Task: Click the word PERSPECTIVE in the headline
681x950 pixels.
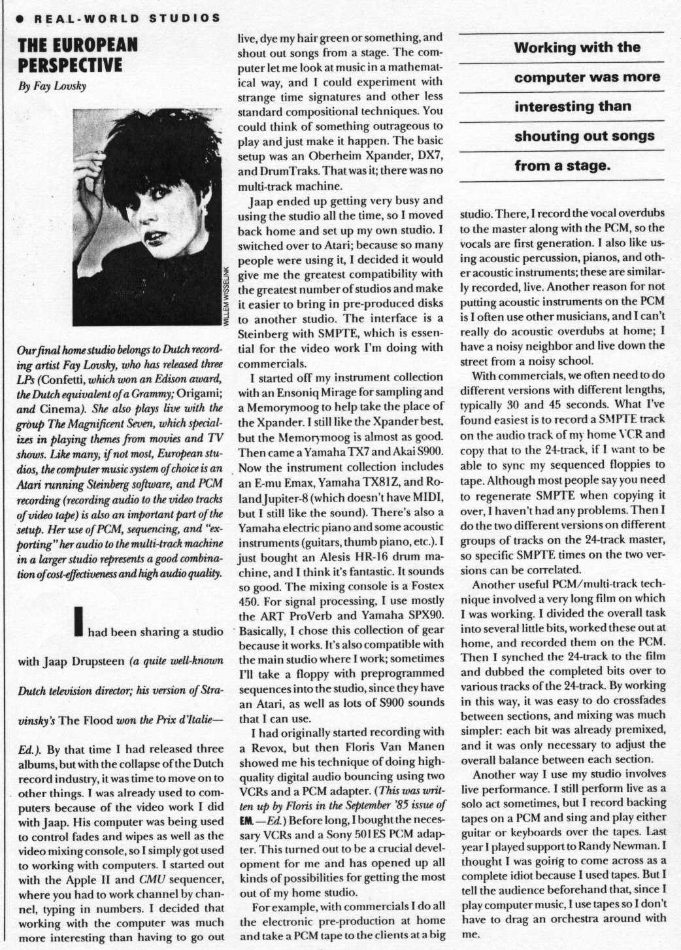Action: (70, 65)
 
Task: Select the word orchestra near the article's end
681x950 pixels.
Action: (592, 917)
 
